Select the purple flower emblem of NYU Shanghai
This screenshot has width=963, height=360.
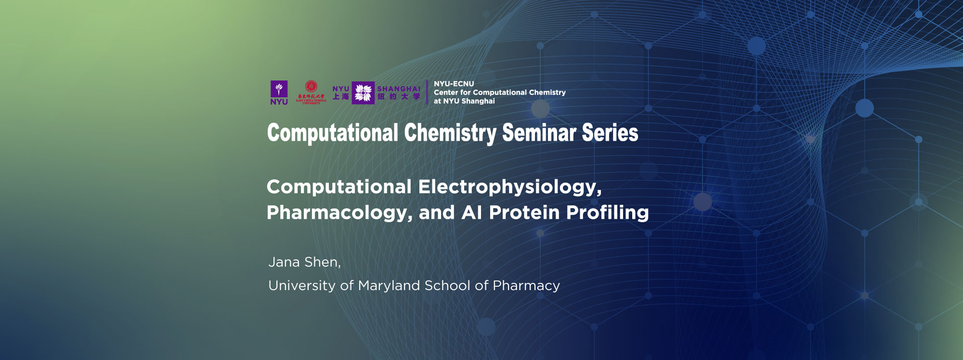[363, 93]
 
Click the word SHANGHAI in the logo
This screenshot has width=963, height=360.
[399, 89]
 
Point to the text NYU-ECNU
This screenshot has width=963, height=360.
[454, 84]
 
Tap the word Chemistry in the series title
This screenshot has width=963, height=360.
[450, 133]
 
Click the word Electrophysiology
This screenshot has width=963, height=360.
[509, 187]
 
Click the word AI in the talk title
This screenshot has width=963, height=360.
[471, 213]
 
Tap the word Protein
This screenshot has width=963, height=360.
[524, 213]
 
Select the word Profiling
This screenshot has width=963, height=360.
[607, 213]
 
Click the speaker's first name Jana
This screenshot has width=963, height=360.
[284, 262]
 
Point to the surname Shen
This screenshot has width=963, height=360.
[322, 262]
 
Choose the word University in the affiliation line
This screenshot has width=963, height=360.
[302, 286]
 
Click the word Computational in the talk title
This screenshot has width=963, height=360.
[339, 187]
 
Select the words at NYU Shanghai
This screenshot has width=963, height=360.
[464, 101]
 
